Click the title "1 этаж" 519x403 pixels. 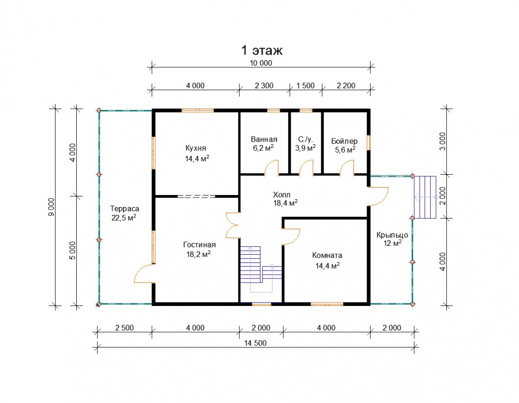click(262, 50)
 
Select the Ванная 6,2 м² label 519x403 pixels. click(264, 144)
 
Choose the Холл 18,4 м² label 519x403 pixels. click(285, 199)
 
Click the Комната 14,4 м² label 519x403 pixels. click(327, 260)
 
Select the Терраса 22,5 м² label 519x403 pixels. click(125, 213)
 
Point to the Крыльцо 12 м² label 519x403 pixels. click(392, 239)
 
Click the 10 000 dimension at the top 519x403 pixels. click(261, 63)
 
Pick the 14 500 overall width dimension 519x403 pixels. click(255, 343)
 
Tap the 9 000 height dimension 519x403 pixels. click(51, 207)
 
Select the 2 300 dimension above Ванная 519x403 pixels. click(264, 86)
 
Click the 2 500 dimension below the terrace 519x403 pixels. click(125, 328)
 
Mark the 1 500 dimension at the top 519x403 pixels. click(305, 86)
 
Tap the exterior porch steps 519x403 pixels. click(425, 197)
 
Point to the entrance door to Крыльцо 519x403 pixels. click(378, 196)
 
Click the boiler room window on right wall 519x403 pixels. click(369, 143)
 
